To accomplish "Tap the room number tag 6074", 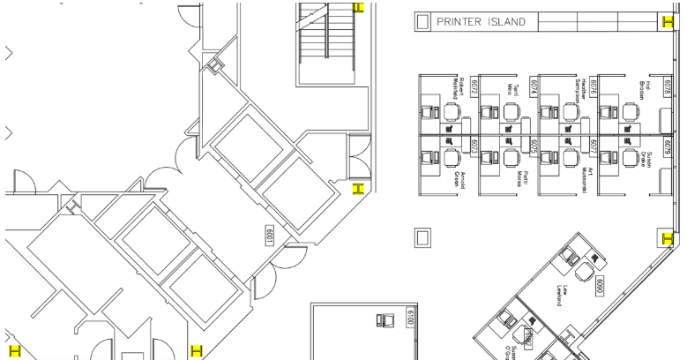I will (x=534, y=86).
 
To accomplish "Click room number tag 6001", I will (x=271, y=236).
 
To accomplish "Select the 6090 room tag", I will (x=599, y=286).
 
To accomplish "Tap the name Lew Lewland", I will (x=559, y=295).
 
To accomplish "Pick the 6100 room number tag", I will (x=409, y=318).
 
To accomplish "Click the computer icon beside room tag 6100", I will (x=385, y=319).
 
